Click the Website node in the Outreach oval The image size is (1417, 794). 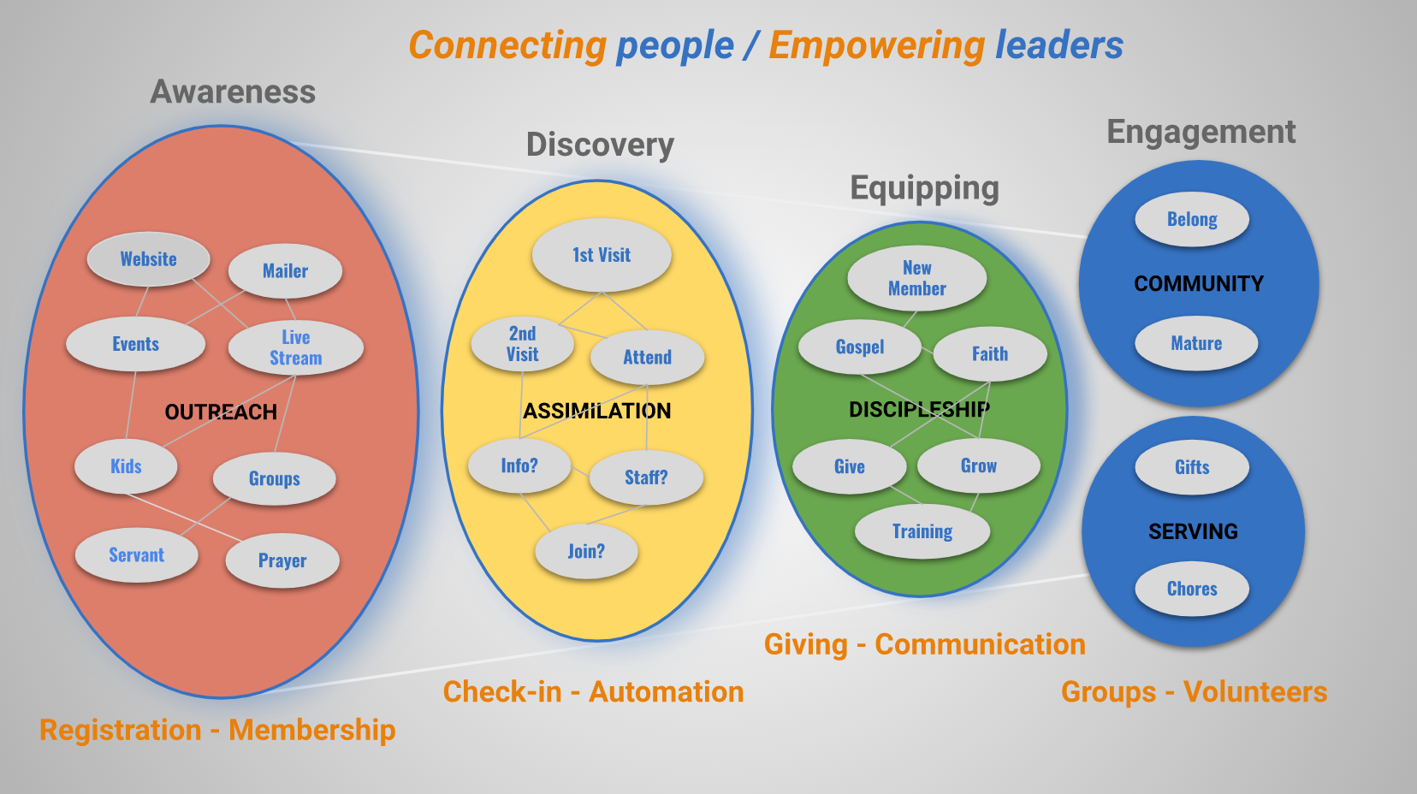point(148,259)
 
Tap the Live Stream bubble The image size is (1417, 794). point(295,347)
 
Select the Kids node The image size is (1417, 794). point(126,466)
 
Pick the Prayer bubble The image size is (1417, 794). point(282,560)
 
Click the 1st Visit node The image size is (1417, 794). point(601,255)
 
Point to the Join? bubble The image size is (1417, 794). point(586,551)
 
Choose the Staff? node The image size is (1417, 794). point(646,477)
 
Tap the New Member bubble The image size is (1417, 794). point(916,278)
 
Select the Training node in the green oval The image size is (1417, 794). point(922,531)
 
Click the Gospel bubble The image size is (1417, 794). point(860,347)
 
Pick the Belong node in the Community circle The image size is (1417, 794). point(1192,219)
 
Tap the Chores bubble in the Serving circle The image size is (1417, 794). point(1192,589)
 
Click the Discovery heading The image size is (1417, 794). point(600,145)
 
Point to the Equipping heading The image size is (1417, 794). point(924,187)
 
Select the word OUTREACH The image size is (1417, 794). point(221,412)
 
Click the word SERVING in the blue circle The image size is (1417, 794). point(1193,531)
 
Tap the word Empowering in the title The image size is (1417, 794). point(876,45)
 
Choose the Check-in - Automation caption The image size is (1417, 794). point(593,691)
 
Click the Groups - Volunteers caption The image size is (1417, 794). point(1194,691)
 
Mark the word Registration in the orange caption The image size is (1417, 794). point(121,730)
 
